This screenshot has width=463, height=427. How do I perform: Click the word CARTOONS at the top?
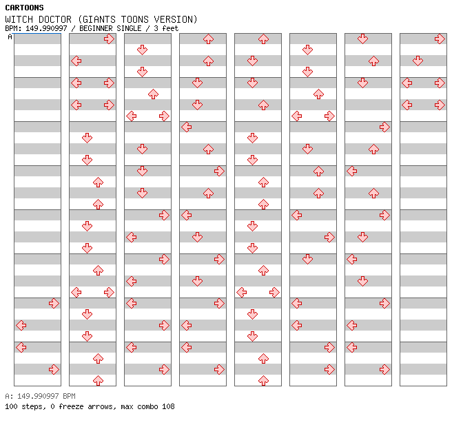(x=25, y=8)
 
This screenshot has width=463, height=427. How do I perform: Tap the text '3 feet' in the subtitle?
(x=166, y=28)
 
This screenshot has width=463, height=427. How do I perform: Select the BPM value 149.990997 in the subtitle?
(x=46, y=28)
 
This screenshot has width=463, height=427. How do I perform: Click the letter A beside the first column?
(x=10, y=37)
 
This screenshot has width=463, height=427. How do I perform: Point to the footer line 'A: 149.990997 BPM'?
(x=40, y=396)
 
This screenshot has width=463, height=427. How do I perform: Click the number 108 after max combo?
(x=168, y=406)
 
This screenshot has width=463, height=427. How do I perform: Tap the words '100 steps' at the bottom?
(x=25, y=406)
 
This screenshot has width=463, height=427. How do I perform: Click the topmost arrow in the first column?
(x=54, y=303)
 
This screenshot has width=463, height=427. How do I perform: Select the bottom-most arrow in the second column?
(x=98, y=381)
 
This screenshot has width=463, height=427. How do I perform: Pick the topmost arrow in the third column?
(x=143, y=50)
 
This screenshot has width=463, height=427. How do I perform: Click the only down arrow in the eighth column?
(x=418, y=61)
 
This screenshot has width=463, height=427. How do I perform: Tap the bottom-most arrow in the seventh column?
(x=384, y=369)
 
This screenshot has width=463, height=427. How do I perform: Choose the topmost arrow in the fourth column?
(x=208, y=39)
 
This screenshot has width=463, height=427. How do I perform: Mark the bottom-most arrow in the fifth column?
(x=263, y=381)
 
